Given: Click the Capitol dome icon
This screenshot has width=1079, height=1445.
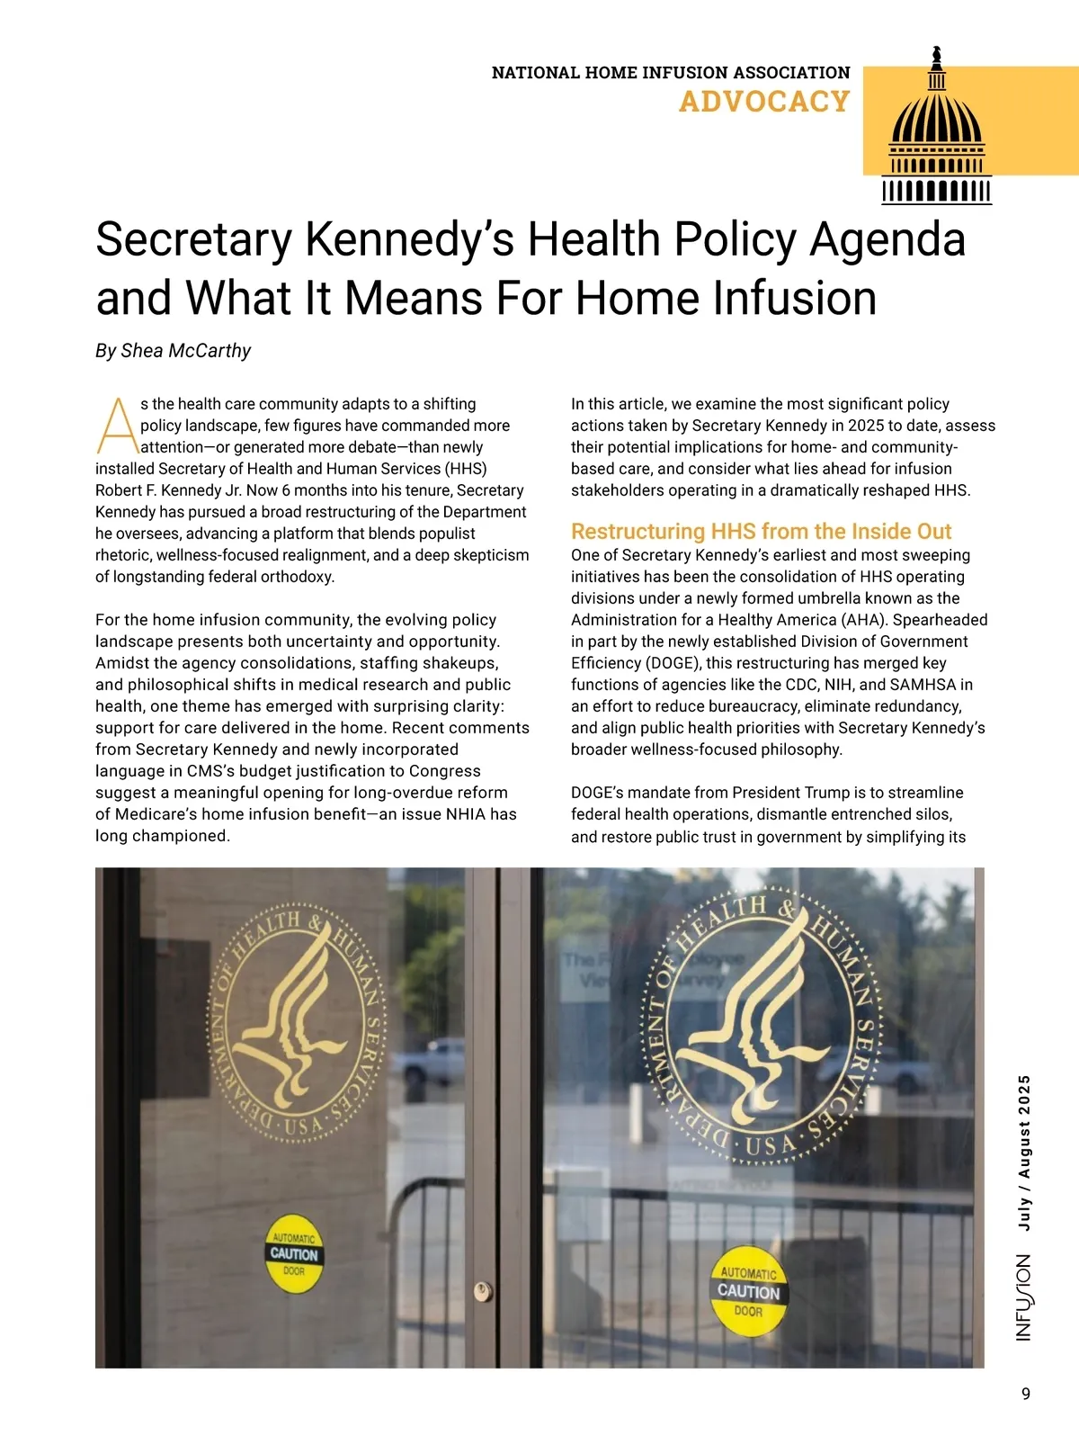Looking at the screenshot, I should pyautogui.click(x=937, y=130).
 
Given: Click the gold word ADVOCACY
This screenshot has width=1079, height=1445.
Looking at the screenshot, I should pyautogui.click(x=764, y=102).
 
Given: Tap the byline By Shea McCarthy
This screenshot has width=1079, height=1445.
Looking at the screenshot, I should pyautogui.click(x=173, y=351).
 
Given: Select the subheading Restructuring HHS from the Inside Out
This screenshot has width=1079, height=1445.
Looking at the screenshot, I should pyautogui.click(x=761, y=531).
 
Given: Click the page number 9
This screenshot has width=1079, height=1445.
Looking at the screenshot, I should pyautogui.click(x=1026, y=1394).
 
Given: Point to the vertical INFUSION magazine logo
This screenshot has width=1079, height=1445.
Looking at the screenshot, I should pyautogui.click(x=1024, y=1297).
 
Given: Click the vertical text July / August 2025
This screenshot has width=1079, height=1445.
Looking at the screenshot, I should pyautogui.click(x=1024, y=1153).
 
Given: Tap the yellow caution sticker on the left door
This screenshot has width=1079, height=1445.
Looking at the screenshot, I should pyautogui.click(x=294, y=1254).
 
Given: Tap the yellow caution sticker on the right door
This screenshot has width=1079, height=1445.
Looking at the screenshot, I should pyautogui.click(x=749, y=1291).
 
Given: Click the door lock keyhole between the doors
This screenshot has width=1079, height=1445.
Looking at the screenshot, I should pyautogui.click(x=484, y=1291).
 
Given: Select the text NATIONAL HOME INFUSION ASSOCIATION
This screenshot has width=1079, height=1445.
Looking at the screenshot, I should pyautogui.click(x=671, y=73).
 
